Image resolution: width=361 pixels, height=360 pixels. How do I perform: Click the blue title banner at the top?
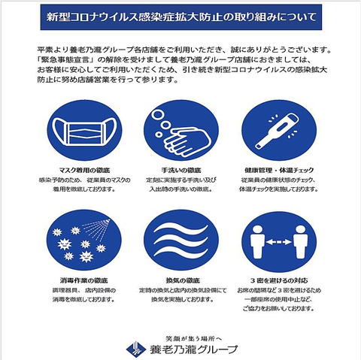(x=180, y=16)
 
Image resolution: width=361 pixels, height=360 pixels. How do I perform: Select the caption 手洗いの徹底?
(x=180, y=171)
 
